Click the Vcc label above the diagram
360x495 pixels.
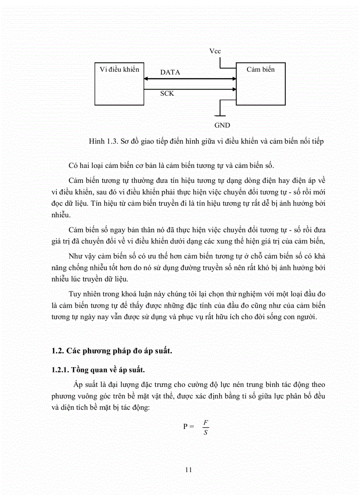click(215, 52)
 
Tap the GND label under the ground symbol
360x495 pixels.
click(222, 125)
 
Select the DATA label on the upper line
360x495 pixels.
click(170, 72)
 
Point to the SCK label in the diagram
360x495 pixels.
click(167, 93)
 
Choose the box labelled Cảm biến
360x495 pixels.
click(260, 84)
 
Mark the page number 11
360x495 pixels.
click(188, 470)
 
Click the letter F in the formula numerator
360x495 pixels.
click(205, 422)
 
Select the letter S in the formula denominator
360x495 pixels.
click(205, 432)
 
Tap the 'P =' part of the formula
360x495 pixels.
click(188, 427)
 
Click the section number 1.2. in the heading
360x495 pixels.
click(58, 351)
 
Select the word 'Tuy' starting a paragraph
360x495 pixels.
click(75, 294)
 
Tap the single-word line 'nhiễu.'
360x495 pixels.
click(61, 216)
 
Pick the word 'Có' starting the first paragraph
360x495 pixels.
click(73, 165)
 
